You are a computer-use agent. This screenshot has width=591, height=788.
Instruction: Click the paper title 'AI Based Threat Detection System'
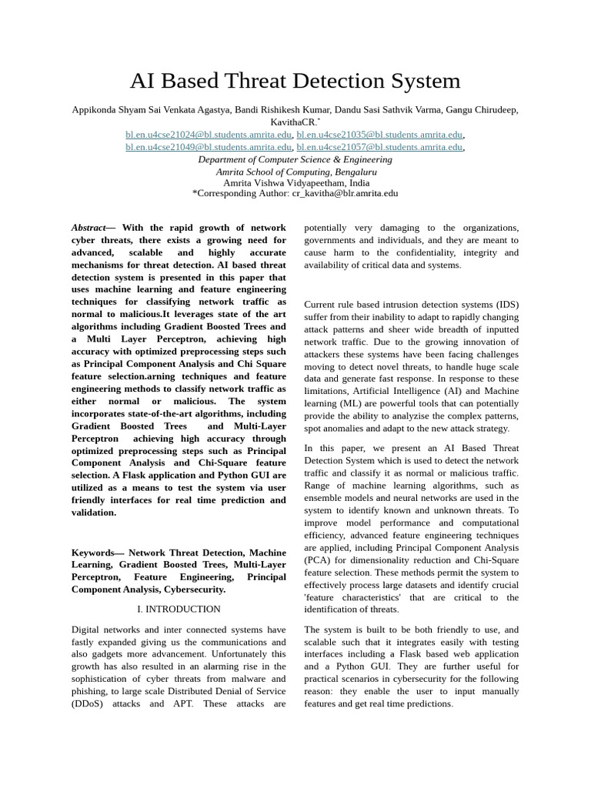[x=295, y=81]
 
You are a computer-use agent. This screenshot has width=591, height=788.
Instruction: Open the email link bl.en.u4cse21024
[x=209, y=135]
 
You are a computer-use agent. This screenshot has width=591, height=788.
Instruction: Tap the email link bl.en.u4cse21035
[x=379, y=135]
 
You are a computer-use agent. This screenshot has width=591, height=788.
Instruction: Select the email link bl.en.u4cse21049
[x=209, y=147]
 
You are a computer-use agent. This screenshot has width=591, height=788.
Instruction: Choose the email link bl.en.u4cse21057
[x=379, y=147]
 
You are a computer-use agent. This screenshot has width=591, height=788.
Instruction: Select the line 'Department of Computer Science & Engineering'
[x=295, y=159]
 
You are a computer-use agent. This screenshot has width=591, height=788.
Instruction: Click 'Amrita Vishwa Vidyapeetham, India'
[x=295, y=183]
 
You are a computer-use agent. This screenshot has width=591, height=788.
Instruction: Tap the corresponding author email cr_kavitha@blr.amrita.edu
[x=345, y=193]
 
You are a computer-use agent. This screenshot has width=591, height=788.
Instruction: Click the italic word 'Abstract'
[x=88, y=228]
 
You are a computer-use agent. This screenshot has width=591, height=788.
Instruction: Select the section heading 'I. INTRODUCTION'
[x=179, y=609]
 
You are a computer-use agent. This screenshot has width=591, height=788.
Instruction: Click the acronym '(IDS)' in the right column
[x=506, y=305]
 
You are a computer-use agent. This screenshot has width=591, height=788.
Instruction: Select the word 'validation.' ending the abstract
[x=94, y=513]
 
